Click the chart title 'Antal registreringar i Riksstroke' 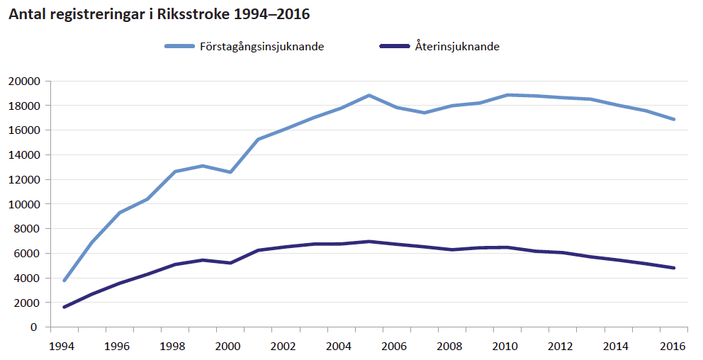tap(158, 14)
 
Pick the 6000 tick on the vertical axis tap(26, 253)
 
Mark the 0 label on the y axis tap(33, 327)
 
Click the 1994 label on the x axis tap(61, 346)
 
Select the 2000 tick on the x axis tap(227, 346)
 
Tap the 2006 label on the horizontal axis tap(393, 346)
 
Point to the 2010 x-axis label tap(505, 346)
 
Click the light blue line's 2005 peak tap(369, 95)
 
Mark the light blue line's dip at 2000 tap(230, 172)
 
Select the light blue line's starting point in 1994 tap(64, 281)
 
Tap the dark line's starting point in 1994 tap(64, 307)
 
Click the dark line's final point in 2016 tap(673, 268)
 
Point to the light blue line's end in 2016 tap(673, 119)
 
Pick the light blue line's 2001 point tap(258, 139)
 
